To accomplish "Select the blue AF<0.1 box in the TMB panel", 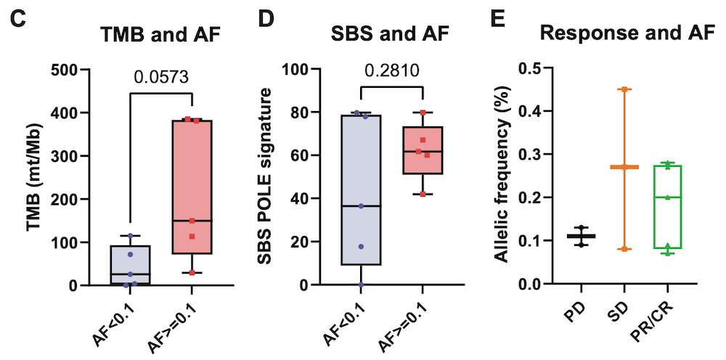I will click(131, 264).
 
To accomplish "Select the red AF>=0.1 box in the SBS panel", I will click(422, 150).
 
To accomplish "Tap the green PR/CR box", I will click(668, 207).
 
